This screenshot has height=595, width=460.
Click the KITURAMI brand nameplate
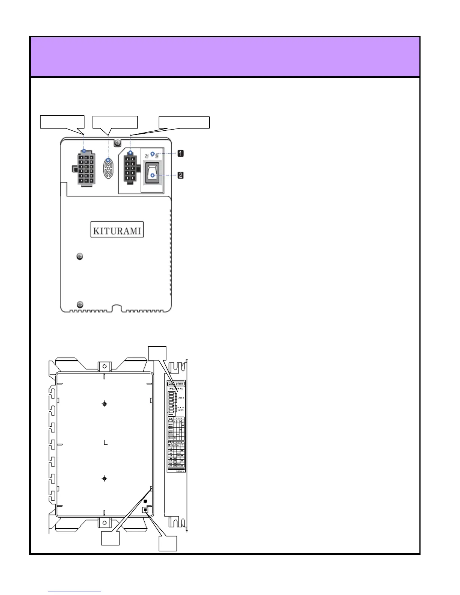pos(117,230)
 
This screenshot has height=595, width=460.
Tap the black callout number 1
pos(180,153)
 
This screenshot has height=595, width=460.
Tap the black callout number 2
pos(180,175)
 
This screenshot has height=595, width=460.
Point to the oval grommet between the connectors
pos(109,168)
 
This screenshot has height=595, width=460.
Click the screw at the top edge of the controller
pos(118,143)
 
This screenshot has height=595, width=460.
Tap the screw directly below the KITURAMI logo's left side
pos(80,257)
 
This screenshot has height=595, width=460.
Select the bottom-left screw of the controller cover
pos(80,304)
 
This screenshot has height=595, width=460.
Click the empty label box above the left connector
pos(62,122)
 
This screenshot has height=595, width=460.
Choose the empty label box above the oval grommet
pos(115,122)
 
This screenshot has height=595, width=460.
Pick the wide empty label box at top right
pos(184,122)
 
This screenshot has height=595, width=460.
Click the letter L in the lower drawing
pos(106,443)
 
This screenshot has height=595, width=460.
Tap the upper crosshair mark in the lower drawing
pos(104,404)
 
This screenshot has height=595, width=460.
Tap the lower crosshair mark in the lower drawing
pos(104,479)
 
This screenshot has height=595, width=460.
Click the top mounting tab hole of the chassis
pos(105,365)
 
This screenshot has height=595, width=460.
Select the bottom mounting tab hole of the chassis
pos(105,523)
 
